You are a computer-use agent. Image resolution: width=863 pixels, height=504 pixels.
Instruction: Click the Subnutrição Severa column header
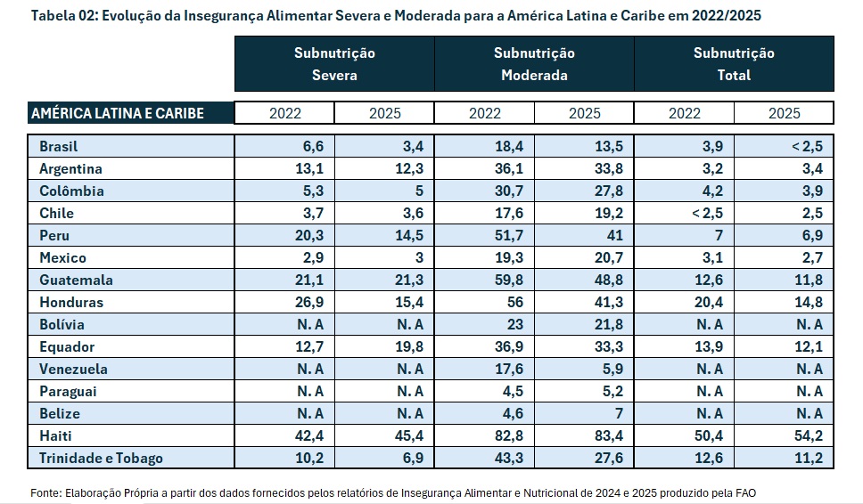coord(334,64)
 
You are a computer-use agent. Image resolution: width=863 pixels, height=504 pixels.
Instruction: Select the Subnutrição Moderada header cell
coord(534,64)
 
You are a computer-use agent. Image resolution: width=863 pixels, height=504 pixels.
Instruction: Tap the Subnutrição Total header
coord(734,64)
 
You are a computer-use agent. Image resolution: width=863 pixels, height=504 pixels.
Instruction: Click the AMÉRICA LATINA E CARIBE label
coord(118,113)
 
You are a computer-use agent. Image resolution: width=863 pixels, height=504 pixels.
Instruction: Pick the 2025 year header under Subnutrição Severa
coord(384,113)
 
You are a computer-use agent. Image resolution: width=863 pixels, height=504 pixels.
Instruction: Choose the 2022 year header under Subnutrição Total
coord(684,113)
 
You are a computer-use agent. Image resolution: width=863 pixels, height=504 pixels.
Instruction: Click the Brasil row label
coord(59,146)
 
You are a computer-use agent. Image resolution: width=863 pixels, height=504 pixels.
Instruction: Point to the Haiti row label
coord(55,435)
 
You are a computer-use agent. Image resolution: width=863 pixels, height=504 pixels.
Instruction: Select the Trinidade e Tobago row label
coord(101,458)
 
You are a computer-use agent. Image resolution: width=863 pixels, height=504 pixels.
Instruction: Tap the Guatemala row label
coord(76,280)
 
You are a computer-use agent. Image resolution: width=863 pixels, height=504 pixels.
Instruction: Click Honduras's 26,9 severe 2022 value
coord(286,302)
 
